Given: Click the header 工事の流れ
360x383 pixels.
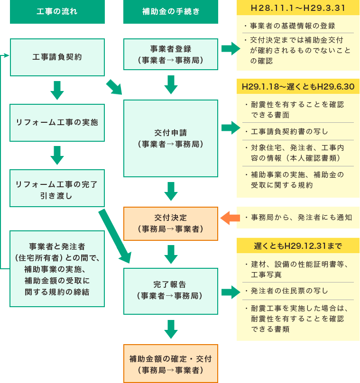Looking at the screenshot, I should (57, 12).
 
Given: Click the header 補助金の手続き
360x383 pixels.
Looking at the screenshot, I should (171, 12).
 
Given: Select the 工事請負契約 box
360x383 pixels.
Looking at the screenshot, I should (57, 57).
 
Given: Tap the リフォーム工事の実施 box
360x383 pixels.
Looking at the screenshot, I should (57, 122).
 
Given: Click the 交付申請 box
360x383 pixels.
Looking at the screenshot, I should (171, 138).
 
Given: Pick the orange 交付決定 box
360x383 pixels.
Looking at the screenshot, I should (171, 223).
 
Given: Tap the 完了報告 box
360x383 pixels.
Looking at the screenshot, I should (171, 291).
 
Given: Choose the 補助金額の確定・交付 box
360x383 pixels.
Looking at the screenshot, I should (171, 364).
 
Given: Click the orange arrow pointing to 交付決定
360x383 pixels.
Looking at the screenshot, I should (231, 218).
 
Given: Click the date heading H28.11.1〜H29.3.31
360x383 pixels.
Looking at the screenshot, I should (298, 9).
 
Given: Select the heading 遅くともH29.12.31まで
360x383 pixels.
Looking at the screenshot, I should (298, 246).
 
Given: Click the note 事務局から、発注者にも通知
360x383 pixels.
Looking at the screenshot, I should (298, 218).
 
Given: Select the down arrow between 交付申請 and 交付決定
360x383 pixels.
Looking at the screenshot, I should (171, 191).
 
